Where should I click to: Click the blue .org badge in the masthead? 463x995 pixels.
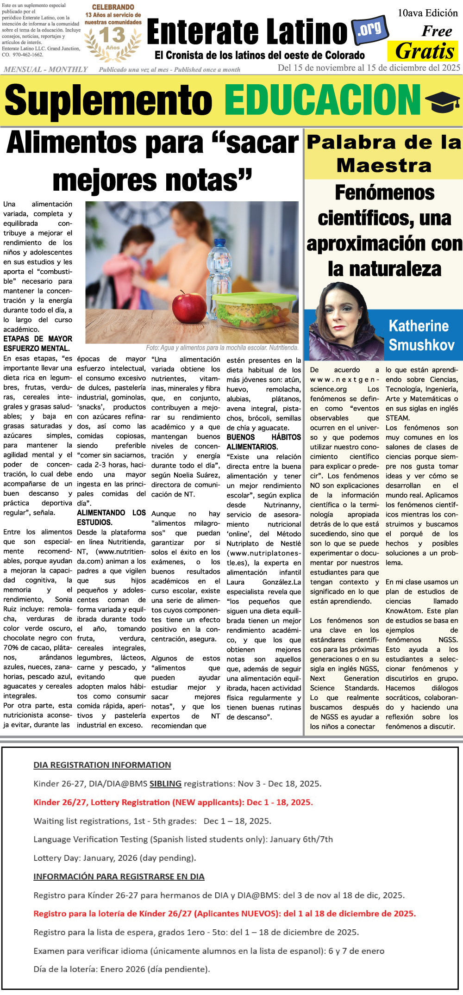370,30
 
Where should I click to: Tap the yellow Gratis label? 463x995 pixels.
425,51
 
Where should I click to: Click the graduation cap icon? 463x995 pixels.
442,101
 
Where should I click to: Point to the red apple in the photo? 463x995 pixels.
189,307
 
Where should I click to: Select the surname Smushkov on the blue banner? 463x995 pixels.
421,345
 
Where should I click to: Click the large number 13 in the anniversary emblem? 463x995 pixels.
112,35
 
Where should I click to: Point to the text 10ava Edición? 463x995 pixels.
428,13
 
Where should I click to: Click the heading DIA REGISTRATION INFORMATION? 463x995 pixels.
102,765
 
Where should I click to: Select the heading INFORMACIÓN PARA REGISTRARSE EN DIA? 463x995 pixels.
119,877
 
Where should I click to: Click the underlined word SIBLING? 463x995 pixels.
165,784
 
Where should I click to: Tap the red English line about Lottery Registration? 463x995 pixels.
173,802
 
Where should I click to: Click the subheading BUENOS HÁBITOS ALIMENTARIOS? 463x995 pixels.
263,442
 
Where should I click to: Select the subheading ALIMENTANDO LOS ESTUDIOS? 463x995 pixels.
111,517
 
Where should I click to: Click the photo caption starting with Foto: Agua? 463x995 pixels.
222,348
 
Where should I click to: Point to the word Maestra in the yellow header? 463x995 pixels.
384,165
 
